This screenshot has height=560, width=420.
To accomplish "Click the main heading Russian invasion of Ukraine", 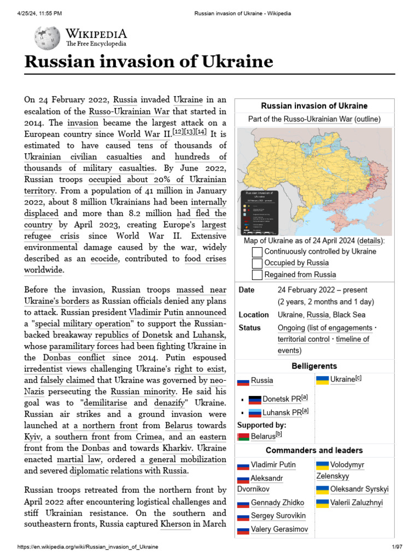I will tap(148, 62).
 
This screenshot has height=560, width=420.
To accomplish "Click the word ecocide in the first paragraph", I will tap(104, 259).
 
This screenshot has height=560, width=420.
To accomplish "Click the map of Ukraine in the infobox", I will tap(314, 181).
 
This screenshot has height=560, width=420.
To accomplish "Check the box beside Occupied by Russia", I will tap(257, 263).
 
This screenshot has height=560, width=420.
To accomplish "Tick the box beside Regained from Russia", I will tap(257, 275).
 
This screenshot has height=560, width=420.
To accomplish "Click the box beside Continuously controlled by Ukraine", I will tap(257, 252).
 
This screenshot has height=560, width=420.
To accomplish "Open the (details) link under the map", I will tap(370, 241).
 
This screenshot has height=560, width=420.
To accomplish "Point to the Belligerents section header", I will tap(314, 366).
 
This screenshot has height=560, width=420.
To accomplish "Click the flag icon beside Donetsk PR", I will tap(255, 399).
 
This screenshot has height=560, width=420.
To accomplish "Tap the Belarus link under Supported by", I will tap(262, 436).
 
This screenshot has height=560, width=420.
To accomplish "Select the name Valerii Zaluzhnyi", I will tap(357, 503).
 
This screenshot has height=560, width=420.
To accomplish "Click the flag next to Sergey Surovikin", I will tap(243, 516).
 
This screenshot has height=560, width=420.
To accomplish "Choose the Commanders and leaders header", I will tap(314, 450).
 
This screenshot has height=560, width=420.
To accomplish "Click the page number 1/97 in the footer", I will tap(396, 547).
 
